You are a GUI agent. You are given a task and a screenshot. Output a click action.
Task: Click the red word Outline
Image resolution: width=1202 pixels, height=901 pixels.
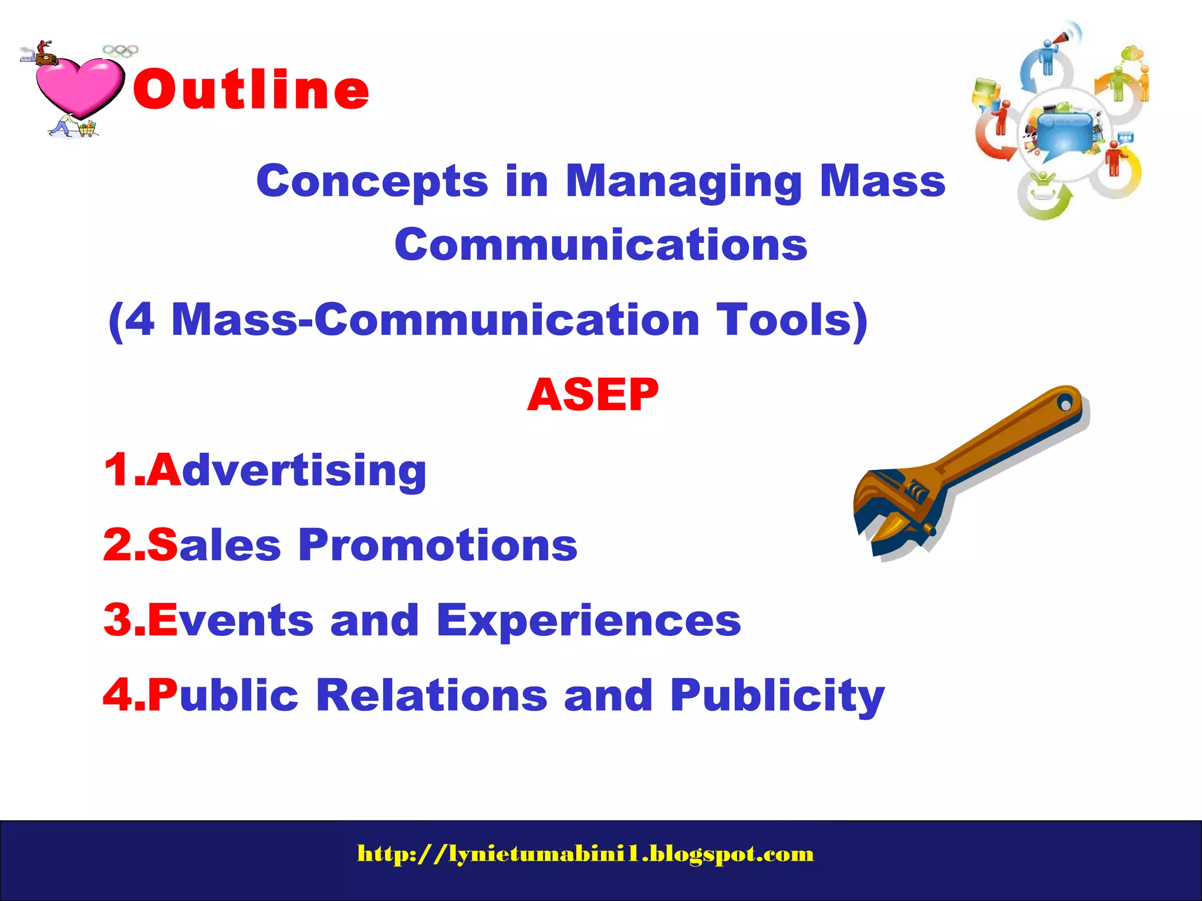tap(251, 89)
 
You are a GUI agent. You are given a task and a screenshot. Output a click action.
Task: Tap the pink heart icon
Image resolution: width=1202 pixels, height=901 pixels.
tap(79, 85)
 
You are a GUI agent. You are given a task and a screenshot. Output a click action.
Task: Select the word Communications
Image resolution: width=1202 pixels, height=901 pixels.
tap(601, 245)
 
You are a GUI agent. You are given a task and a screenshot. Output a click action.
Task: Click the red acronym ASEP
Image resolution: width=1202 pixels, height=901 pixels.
tap(593, 395)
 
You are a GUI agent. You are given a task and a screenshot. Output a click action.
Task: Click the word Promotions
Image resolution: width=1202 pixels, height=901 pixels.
tap(438, 545)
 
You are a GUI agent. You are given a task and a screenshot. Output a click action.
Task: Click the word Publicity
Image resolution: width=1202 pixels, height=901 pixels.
tap(777, 696)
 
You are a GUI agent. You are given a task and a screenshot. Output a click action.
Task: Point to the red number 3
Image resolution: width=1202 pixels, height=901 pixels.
tap(117, 620)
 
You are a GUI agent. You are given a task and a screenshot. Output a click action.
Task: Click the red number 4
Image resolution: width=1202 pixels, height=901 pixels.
tap(117, 695)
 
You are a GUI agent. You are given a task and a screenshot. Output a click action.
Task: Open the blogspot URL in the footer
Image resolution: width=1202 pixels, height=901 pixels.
tap(585, 853)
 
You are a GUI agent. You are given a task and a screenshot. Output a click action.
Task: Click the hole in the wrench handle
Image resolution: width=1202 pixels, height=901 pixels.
tap(1065, 404)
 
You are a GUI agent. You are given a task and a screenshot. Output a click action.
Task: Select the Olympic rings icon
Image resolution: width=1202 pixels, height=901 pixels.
tap(120, 51)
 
